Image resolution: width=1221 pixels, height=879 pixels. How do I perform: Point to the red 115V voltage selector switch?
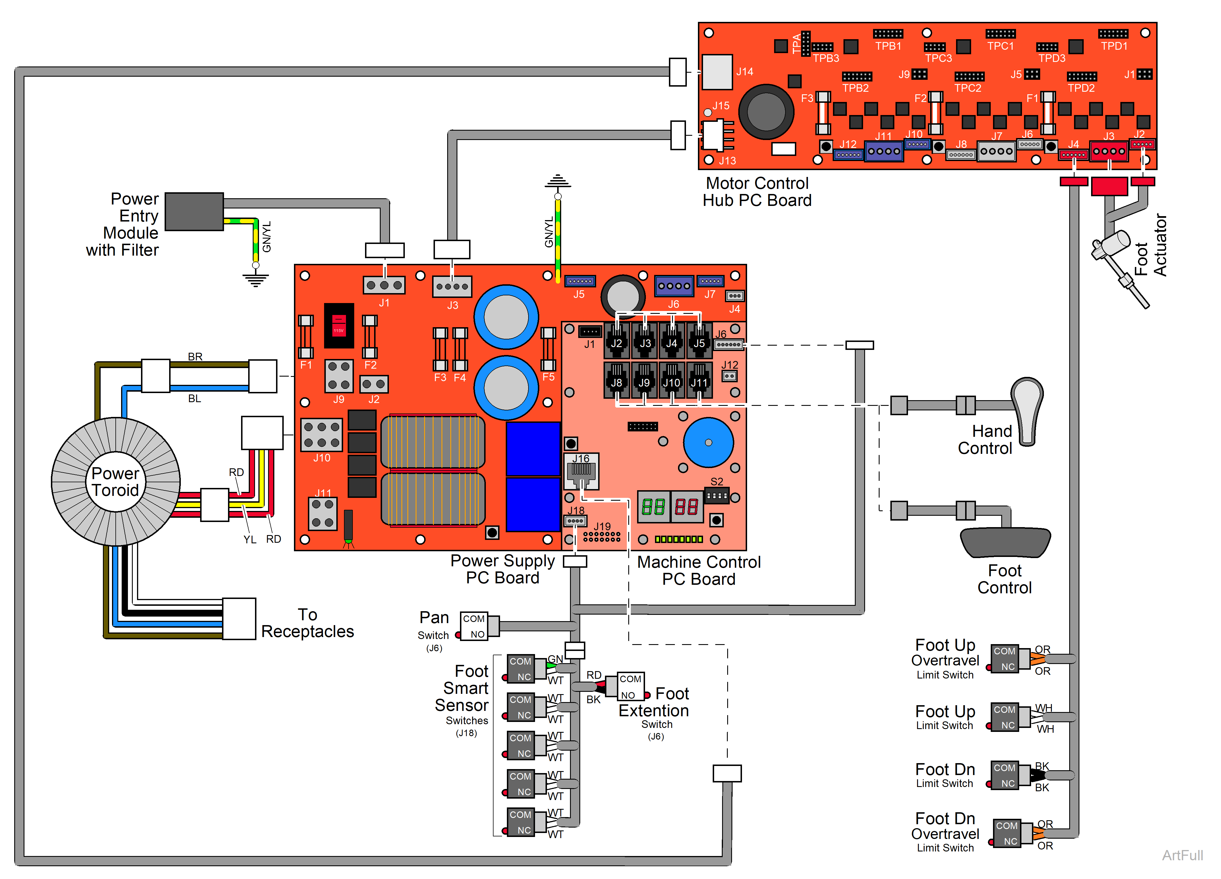click(x=339, y=325)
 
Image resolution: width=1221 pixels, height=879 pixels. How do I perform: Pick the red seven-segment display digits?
click(x=687, y=507)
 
